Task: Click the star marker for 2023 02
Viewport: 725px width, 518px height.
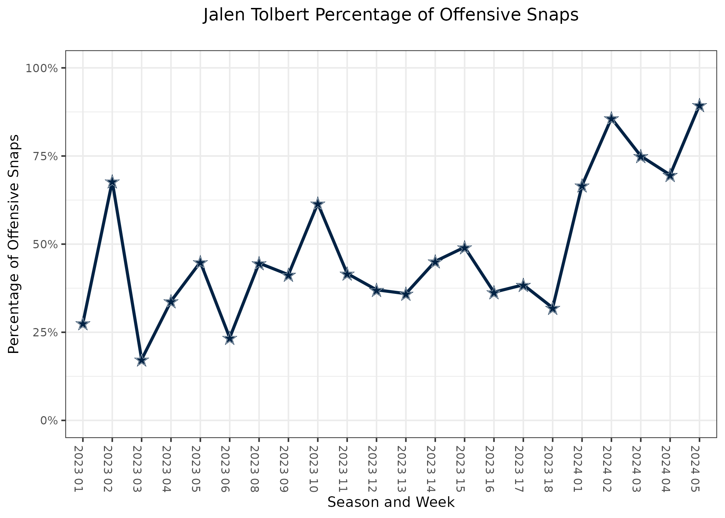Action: click(x=112, y=182)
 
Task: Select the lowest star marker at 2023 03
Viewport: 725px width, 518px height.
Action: click(x=141, y=361)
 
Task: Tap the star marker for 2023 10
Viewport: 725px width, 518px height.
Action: click(x=318, y=204)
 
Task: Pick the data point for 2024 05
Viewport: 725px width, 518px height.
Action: click(x=699, y=106)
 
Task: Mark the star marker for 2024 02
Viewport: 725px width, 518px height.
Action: click(x=611, y=119)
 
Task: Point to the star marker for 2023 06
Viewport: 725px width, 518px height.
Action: click(x=230, y=338)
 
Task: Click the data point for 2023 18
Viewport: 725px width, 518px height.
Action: click(x=552, y=308)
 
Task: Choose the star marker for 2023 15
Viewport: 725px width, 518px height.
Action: click(x=464, y=248)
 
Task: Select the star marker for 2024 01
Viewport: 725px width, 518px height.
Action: click(x=582, y=186)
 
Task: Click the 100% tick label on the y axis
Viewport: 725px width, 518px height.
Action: click(x=41, y=68)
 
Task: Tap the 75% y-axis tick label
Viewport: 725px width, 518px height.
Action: click(x=44, y=156)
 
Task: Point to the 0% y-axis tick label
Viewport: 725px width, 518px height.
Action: click(x=49, y=421)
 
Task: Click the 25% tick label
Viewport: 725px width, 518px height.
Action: click(x=44, y=333)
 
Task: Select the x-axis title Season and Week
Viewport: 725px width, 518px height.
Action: click(x=391, y=502)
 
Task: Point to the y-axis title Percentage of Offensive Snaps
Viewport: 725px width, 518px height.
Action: click(x=14, y=244)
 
